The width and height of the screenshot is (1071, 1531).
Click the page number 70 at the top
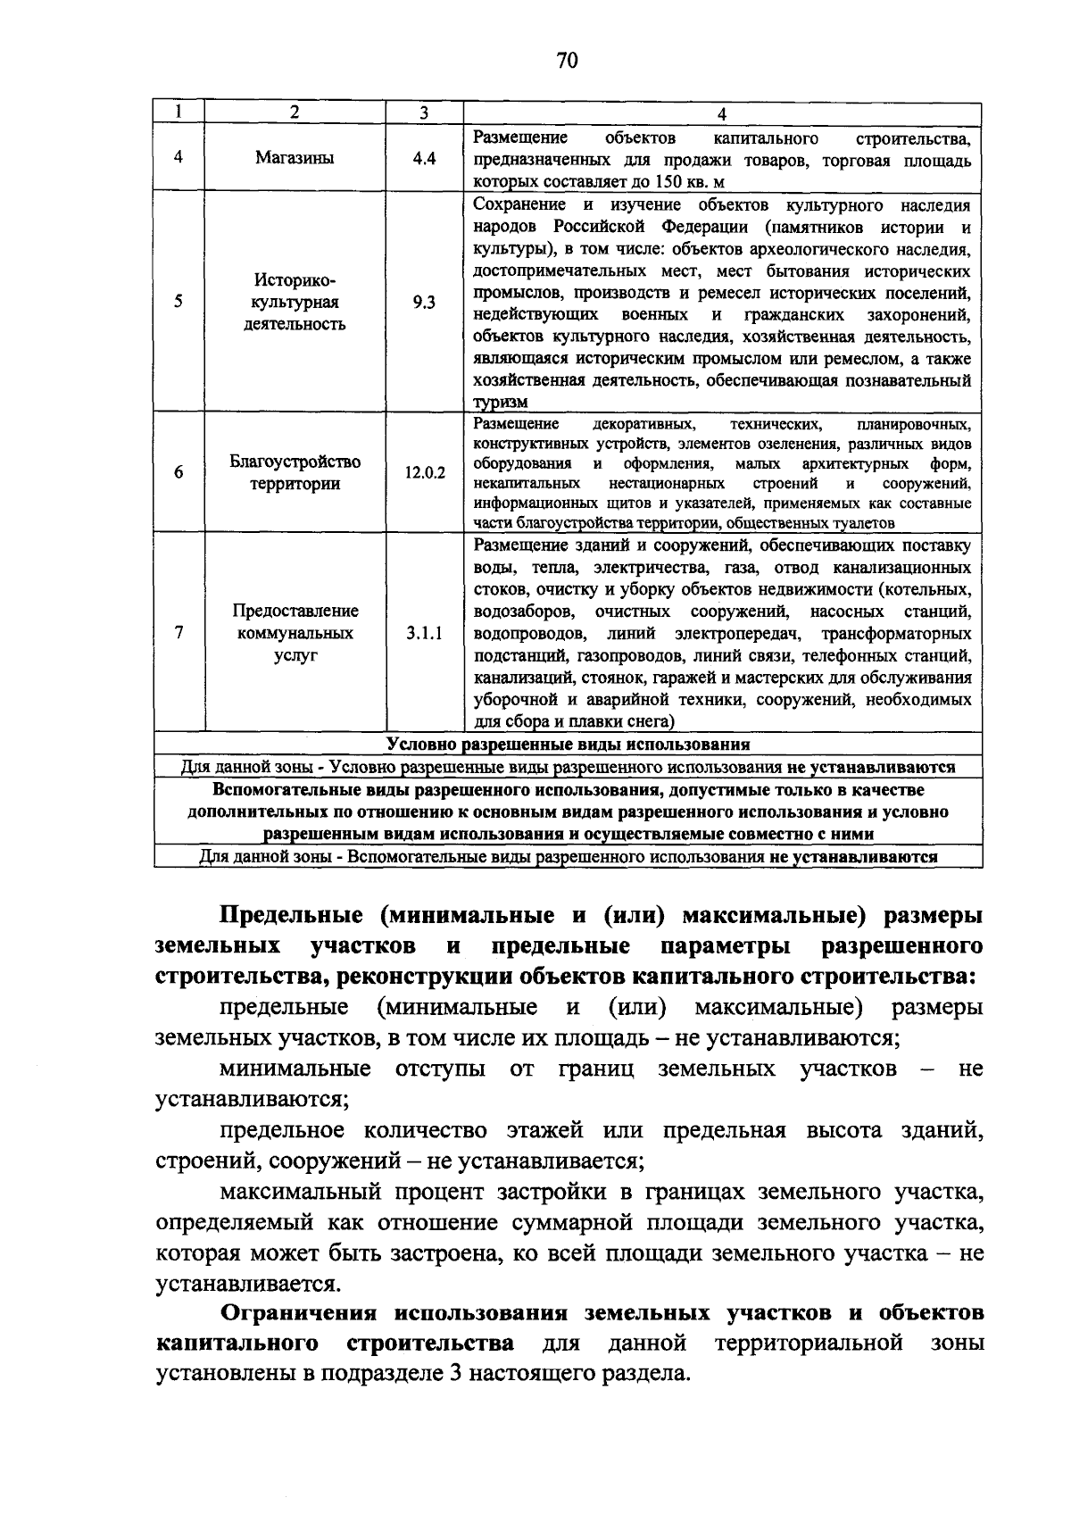[567, 60]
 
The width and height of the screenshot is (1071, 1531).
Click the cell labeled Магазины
[295, 159]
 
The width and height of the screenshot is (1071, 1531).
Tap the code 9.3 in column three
[424, 303]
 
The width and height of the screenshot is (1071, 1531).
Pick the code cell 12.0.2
[424, 473]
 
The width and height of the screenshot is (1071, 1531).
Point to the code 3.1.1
[424, 634]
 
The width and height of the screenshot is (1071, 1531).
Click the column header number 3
[424, 112]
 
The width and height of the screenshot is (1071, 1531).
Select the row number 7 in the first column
[179, 633]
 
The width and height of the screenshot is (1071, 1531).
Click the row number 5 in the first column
[179, 302]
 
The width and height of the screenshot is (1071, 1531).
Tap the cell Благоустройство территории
[295, 473]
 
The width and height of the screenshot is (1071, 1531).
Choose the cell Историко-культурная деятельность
[295, 302]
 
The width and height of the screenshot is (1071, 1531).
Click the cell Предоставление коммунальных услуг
[295, 633]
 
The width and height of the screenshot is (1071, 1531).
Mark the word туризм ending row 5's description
[500, 403]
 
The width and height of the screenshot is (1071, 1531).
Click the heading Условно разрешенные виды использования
[568, 744]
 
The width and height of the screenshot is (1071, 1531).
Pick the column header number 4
[722, 113]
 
